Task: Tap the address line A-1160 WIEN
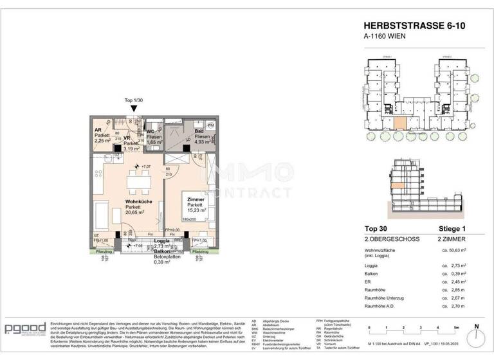386,37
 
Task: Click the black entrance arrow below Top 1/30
133,109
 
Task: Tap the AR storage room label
99,130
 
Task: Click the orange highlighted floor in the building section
396,187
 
